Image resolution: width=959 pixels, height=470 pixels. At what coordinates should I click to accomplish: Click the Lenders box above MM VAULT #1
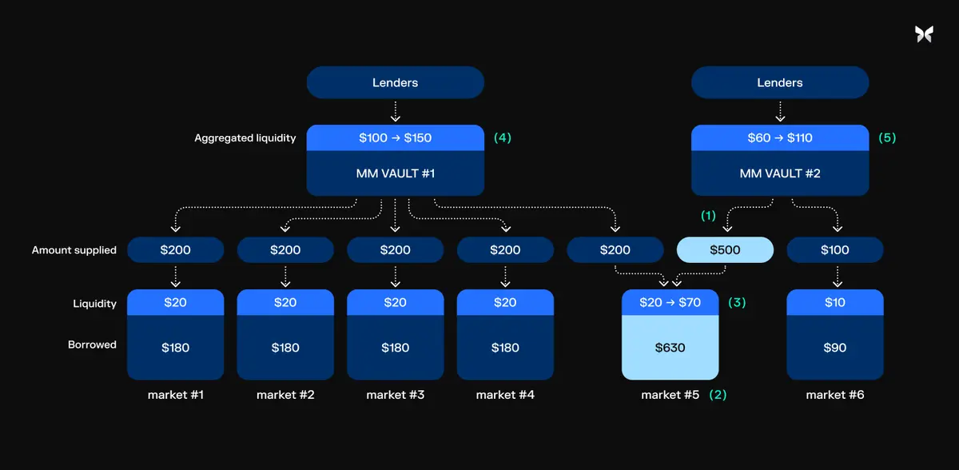[x=395, y=82]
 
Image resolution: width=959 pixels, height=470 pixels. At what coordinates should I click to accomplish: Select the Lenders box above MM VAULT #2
[x=779, y=82]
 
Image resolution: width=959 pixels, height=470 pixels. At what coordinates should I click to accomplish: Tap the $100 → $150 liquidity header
[x=395, y=137]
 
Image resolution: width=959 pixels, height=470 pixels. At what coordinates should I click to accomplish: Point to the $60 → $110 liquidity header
[x=779, y=137]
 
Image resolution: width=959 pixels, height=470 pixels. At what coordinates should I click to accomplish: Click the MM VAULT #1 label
[x=395, y=173]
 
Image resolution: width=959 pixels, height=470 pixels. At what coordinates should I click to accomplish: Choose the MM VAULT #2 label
[x=779, y=173]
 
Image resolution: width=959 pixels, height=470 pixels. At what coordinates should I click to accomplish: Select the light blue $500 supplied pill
[x=725, y=250]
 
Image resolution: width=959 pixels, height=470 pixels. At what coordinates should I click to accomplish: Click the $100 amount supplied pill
[x=835, y=250]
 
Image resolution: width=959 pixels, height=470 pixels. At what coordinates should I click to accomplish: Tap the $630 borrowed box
[x=670, y=348]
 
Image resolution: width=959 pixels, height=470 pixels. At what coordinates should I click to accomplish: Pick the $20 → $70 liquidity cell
[x=670, y=302]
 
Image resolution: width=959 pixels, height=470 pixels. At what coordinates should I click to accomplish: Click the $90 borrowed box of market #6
[x=835, y=348]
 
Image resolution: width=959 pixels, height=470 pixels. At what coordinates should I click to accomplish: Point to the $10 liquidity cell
[x=835, y=302]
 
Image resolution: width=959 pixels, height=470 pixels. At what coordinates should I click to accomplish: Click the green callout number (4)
[x=502, y=137]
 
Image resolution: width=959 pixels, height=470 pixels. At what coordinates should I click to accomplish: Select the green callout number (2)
[x=718, y=395]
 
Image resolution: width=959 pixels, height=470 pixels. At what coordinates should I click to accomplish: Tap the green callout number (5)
[x=887, y=137]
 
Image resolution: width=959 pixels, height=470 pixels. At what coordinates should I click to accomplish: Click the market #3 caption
[x=395, y=395]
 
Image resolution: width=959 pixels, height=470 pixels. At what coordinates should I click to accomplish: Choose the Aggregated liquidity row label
[x=245, y=138]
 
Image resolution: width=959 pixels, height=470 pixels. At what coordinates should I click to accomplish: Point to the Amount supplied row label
[x=74, y=250]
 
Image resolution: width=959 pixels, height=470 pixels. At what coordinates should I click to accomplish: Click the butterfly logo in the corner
[x=923, y=34]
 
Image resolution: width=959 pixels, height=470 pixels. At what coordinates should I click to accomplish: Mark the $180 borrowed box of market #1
[x=175, y=348]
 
